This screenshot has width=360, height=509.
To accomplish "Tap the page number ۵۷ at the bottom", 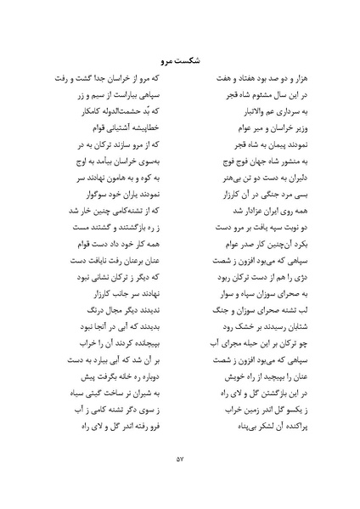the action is (180, 460).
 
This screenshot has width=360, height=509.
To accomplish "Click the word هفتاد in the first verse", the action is (230, 89).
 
